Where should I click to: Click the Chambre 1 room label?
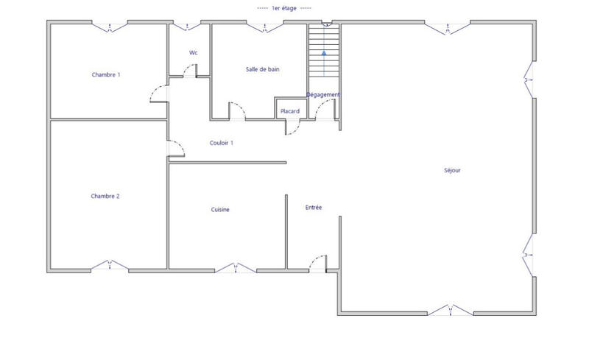[105, 75]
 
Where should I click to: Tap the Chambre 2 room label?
[105, 197]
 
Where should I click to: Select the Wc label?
[194, 53]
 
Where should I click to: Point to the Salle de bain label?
[263, 69]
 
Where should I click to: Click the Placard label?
[289, 111]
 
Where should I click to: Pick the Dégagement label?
[323, 94]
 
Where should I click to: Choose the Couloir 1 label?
[222, 143]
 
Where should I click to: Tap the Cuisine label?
[220, 210]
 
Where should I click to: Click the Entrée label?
[314, 208]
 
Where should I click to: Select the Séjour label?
[452, 171]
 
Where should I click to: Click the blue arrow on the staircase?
[324, 53]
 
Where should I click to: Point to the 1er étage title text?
[284, 8]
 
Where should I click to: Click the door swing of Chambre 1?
[158, 93]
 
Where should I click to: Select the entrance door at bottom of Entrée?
[319, 262]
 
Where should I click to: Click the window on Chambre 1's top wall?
[110, 27]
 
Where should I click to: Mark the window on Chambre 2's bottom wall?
[110, 265]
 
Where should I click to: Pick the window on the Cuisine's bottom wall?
[236, 267]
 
